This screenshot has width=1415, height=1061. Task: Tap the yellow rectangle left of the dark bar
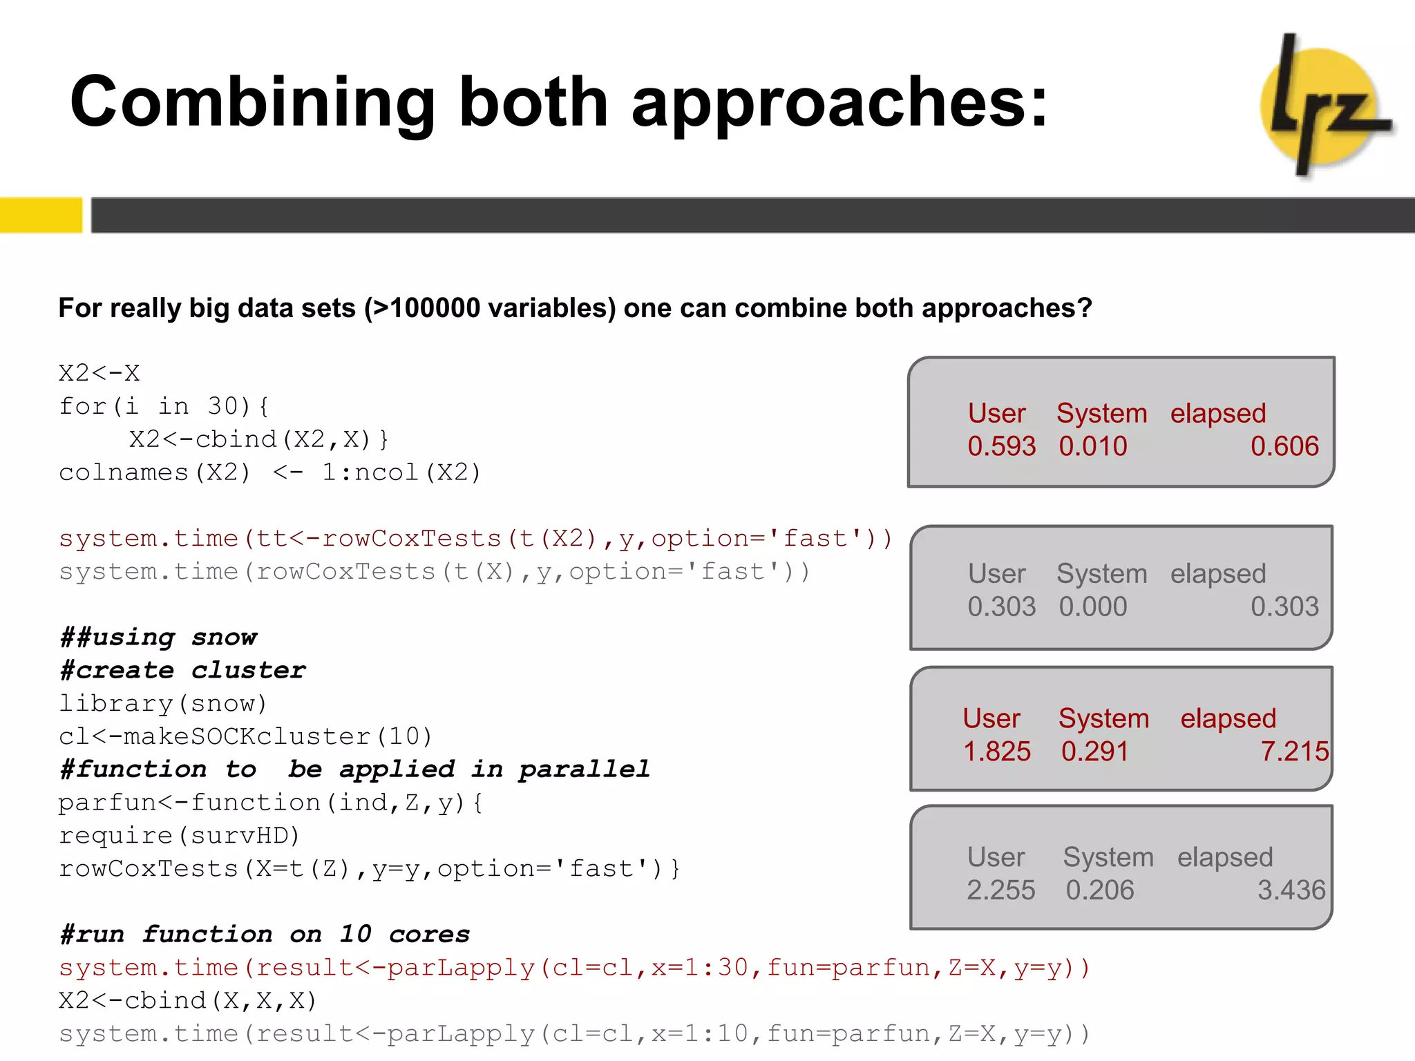pyautogui.click(x=40, y=215)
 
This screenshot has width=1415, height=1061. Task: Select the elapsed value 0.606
pyautogui.click(x=1284, y=446)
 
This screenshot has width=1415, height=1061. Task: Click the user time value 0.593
pyautogui.click(x=1001, y=446)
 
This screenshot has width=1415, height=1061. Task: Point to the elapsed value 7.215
pyautogui.click(x=1293, y=752)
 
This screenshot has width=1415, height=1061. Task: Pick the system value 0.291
pyautogui.click(x=1094, y=752)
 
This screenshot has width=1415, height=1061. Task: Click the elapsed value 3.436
pyautogui.click(x=1291, y=890)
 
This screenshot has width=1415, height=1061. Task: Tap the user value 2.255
pyautogui.click(x=1000, y=890)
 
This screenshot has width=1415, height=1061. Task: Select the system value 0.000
pyautogui.click(x=1092, y=606)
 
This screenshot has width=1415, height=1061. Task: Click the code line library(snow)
pyautogui.click(x=163, y=703)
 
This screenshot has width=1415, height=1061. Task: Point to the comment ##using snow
pyautogui.click(x=159, y=637)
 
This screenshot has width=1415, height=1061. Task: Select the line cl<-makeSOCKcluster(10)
pyautogui.click(x=245, y=736)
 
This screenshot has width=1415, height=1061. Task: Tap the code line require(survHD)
pyautogui.click(x=179, y=836)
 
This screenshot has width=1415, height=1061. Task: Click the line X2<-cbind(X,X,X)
pyautogui.click(x=187, y=1001)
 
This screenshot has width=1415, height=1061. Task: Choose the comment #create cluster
pyautogui.click(x=183, y=670)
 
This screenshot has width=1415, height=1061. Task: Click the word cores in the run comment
pyautogui.click(x=429, y=935)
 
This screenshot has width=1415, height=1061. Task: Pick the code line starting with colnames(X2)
pyautogui.click(x=269, y=472)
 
